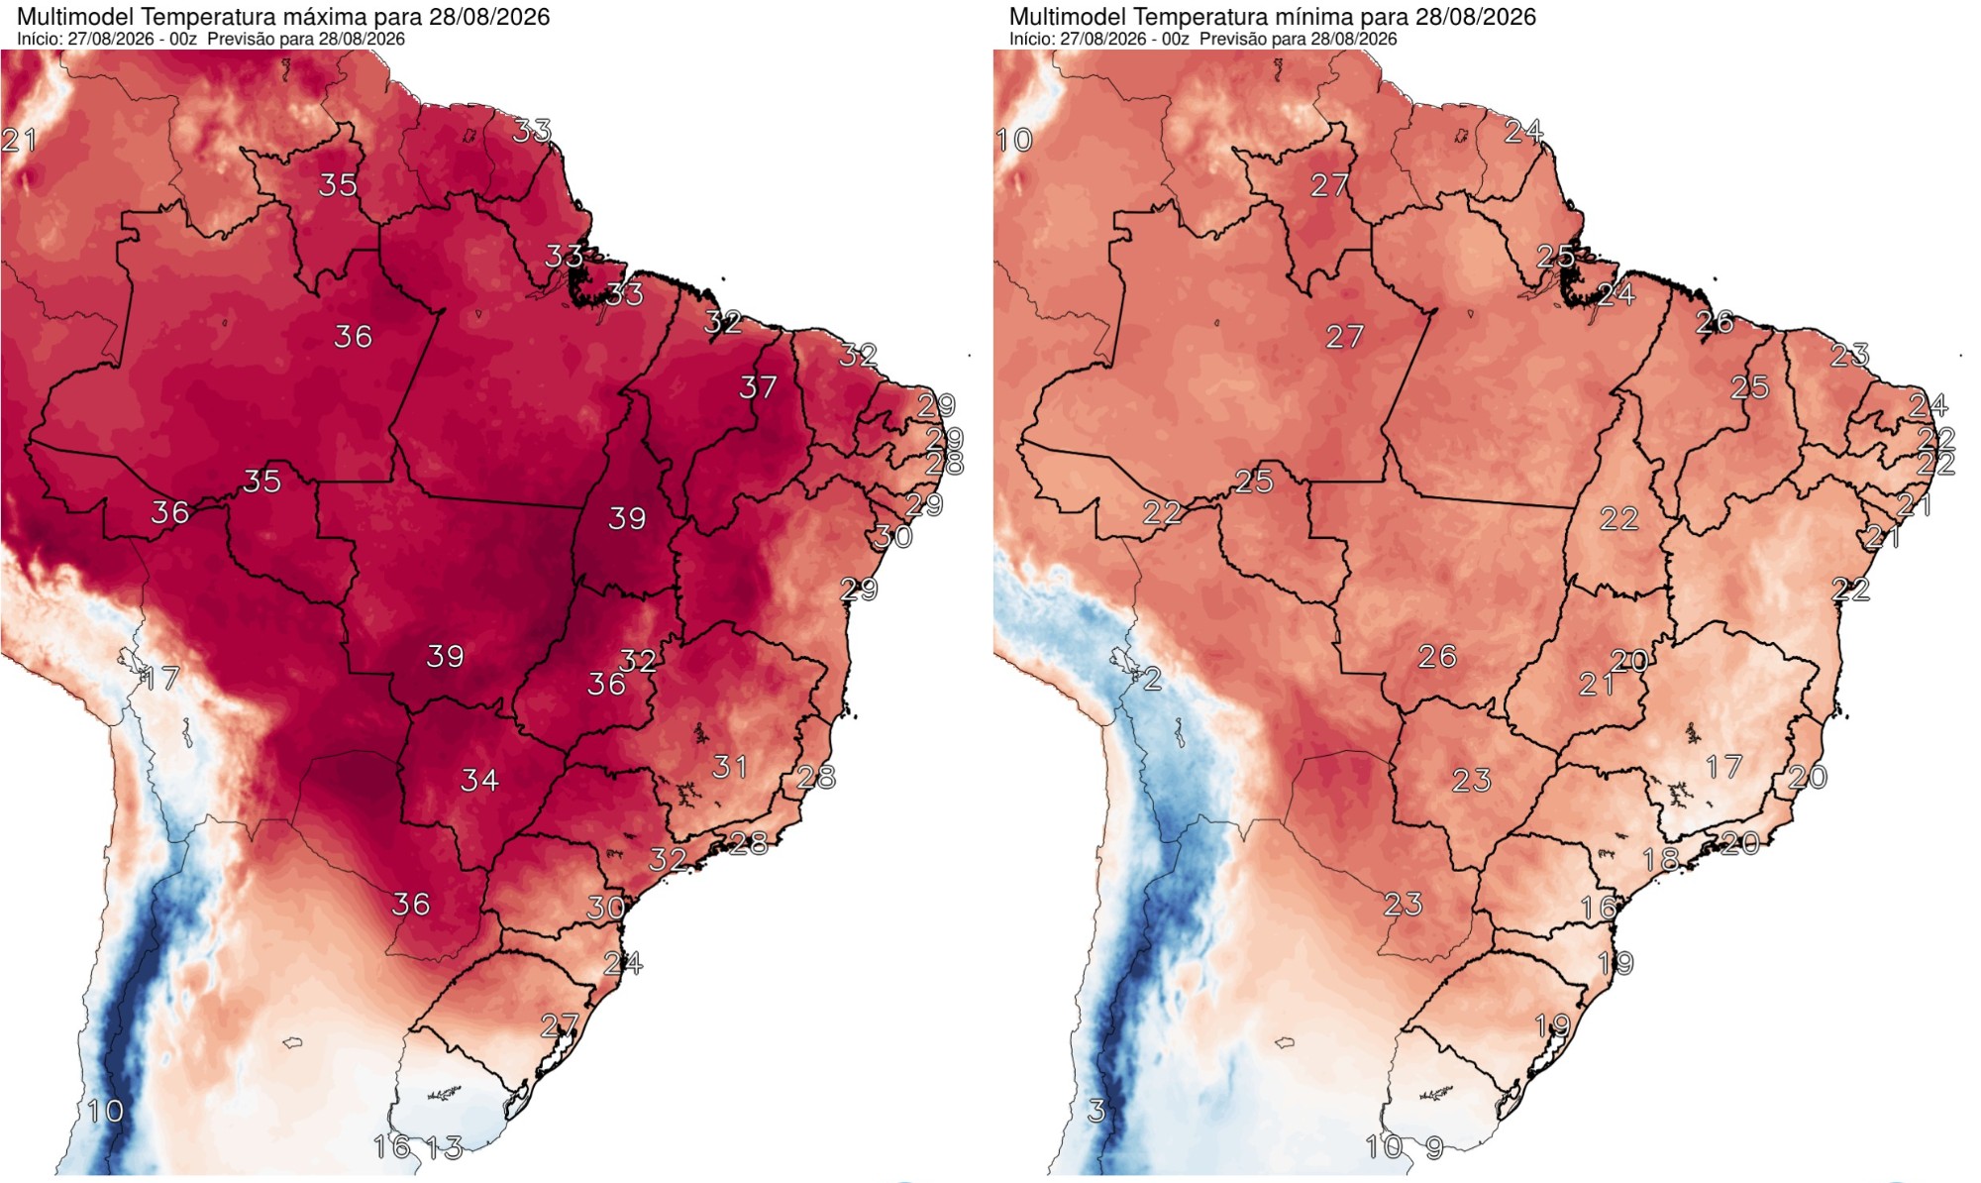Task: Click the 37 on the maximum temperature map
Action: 758,387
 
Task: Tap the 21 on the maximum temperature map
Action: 19,141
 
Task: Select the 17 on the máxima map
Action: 161,679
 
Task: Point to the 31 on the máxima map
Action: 730,767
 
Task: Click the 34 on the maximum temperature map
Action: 479,781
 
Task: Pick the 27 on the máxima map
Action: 560,1026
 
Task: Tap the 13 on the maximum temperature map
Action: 445,1148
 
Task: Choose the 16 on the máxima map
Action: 392,1147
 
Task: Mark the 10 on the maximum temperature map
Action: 106,1112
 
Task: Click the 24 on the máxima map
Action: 623,963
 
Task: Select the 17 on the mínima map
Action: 1724,767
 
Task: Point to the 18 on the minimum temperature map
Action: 1661,860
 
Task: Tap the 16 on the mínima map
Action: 1599,908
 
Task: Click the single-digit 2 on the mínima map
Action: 1152,679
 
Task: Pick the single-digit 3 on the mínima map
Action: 1096,1112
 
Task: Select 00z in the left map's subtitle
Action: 183,39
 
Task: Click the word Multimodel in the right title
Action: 1068,17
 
